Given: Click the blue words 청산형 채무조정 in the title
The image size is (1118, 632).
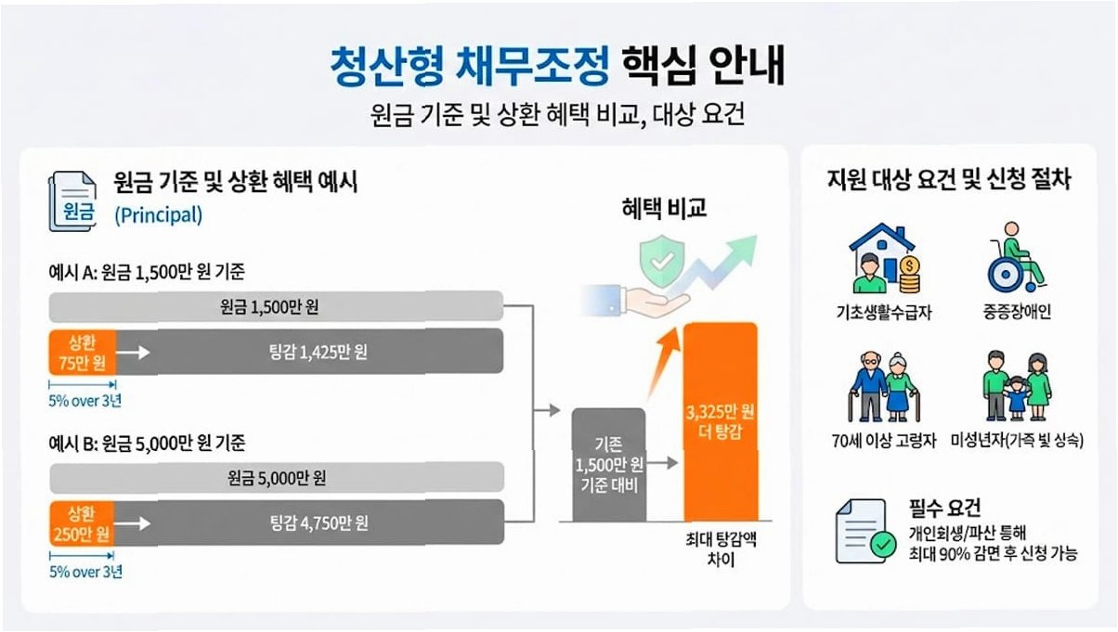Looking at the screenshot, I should [470, 67].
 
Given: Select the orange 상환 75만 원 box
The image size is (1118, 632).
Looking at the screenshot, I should [82, 352].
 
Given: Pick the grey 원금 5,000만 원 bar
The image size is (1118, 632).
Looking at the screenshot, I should [276, 479].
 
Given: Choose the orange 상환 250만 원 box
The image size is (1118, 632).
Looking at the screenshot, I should [82, 523].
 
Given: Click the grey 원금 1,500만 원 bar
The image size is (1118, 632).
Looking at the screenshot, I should [276, 306].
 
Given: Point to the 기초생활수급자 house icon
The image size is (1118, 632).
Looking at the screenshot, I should [883, 262].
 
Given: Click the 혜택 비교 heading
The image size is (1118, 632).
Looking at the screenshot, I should [664, 209].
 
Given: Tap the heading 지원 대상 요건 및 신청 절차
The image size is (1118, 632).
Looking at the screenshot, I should [949, 180].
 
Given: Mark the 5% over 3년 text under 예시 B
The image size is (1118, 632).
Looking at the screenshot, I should [85, 572].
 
